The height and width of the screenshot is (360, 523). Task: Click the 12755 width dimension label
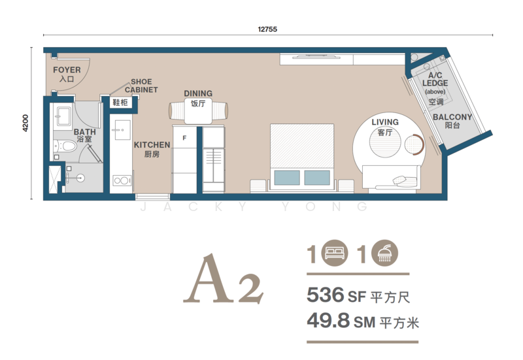click(267, 29)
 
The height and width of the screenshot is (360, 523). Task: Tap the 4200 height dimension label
click(25, 123)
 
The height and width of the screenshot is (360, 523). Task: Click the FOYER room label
click(67, 70)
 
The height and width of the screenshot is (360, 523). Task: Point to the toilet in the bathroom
click(66, 146)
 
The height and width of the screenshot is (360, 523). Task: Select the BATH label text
click(85, 132)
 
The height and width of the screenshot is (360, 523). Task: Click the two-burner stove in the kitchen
click(122, 181)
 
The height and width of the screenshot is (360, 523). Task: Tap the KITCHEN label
click(152, 145)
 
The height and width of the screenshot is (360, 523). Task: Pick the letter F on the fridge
click(184, 138)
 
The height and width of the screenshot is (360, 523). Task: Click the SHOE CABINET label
click(141, 86)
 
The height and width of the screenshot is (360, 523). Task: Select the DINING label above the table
click(198, 93)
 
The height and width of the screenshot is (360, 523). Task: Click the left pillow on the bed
click(287, 178)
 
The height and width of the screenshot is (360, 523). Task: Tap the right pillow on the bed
click(317, 178)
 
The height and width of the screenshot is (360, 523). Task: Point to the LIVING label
click(385, 122)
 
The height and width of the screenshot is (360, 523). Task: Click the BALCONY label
click(452, 118)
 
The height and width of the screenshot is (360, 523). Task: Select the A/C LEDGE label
click(435, 79)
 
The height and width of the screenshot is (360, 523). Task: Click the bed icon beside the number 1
click(335, 253)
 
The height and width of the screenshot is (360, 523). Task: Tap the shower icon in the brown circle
click(384, 253)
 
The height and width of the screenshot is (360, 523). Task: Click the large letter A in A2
click(209, 278)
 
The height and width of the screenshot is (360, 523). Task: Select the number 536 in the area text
click(325, 295)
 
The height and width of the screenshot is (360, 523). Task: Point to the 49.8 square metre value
click(328, 320)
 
